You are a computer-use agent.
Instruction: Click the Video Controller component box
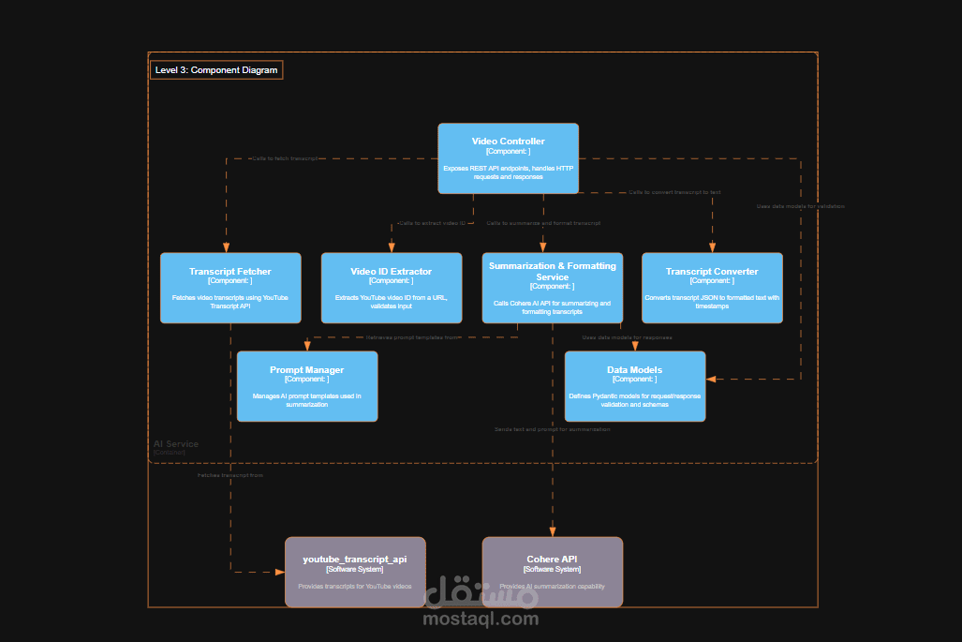click(x=508, y=158)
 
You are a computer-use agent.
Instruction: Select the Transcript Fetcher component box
click(x=230, y=288)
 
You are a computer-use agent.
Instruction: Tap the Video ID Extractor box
click(x=392, y=288)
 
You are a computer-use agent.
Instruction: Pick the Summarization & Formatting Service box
click(x=552, y=288)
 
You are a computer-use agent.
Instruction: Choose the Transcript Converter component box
click(x=712, y=288)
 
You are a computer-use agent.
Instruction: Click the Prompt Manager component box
click(x=307, y=386)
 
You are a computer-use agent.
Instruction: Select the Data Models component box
click(x=634, y=386)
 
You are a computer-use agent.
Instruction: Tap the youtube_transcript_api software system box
click(x=355, y=572)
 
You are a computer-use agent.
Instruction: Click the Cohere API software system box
click(x=552, y=572)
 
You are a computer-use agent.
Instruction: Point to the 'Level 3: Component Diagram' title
click(x=216, y=70)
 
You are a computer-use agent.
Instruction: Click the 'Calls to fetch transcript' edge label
click(x=285, y=158)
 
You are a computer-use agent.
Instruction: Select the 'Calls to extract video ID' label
click(x=432, y=223)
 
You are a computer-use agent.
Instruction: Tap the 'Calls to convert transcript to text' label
click(x=674, y=192)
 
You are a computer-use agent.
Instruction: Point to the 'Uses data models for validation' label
click(x=800, y=206)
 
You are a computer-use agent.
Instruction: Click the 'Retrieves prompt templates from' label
click(x=413, y=337)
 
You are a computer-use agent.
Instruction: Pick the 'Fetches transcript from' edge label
click(x=230, y=476)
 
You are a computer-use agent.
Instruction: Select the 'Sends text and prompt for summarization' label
click(x=553, y=429)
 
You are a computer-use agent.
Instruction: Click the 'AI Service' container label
click(x=176, y=444)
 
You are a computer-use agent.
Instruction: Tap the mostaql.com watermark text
click(x=481, y=619)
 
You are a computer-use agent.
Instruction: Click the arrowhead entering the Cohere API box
click(x=552, y=531)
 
